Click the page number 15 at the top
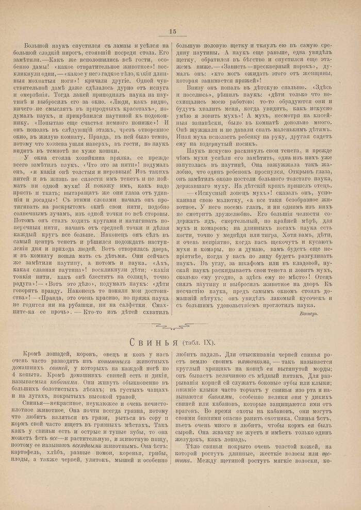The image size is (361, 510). click(173, 32)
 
